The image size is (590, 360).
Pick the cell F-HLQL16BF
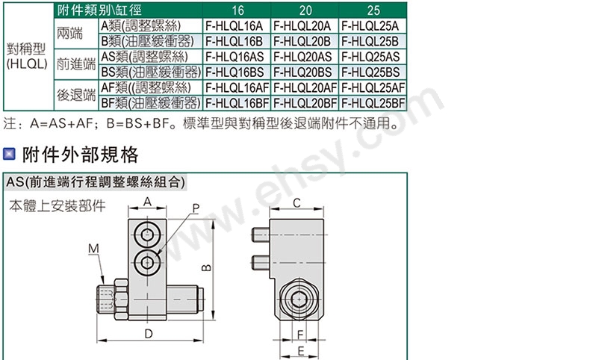237,103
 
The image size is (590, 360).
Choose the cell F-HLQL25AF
373,87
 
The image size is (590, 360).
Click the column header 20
305,10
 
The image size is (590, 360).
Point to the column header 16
237,10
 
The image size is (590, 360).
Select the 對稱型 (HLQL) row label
27,56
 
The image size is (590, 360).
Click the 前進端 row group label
76,64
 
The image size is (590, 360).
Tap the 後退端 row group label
76,95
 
